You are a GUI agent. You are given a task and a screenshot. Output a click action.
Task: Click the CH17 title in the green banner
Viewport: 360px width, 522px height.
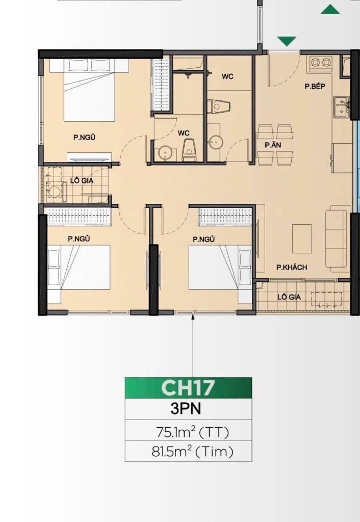tap(188, 387)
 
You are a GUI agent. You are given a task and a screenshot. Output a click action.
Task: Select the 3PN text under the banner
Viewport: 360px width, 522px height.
tap(186, 408)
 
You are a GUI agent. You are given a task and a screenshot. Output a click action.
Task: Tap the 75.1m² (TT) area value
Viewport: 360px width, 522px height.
tap(192, 432)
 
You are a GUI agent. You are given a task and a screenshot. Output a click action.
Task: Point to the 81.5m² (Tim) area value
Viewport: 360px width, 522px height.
tap(192, 452)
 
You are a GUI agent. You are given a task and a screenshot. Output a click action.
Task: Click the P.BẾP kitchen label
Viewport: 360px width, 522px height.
tap(315, 86)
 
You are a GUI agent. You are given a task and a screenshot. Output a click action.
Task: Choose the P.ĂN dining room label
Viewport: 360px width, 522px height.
tap(273, 145)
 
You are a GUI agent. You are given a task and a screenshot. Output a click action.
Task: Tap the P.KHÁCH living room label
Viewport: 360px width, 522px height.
tap(291, 267)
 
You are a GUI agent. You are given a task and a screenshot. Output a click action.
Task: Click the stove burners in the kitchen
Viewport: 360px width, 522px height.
tap(321, 63)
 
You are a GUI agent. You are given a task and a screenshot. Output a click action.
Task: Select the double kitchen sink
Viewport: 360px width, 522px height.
tap(341, 107)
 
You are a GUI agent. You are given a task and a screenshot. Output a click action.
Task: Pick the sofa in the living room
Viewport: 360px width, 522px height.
tap(338, 237)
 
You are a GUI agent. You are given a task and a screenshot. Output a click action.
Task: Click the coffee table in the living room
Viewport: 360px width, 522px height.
tap(302, 239)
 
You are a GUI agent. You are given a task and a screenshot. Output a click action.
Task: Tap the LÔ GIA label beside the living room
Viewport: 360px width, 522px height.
tap(289, 297)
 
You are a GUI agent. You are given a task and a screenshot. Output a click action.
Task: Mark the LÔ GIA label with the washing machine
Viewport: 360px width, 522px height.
tap(82, 181)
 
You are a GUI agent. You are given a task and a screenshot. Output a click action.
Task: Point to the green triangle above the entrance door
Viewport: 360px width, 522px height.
tap(287, 41)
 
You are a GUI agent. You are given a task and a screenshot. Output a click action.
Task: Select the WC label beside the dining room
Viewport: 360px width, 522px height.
tap(227, 76)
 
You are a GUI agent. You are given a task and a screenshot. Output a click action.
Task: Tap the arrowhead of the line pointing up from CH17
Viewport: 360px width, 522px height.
tap(193, 317)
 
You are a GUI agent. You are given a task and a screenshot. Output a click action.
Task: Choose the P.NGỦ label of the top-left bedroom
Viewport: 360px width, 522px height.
tap(84, 137)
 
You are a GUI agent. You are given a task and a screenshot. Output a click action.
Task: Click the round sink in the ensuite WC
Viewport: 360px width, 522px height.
tap(165, 153)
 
